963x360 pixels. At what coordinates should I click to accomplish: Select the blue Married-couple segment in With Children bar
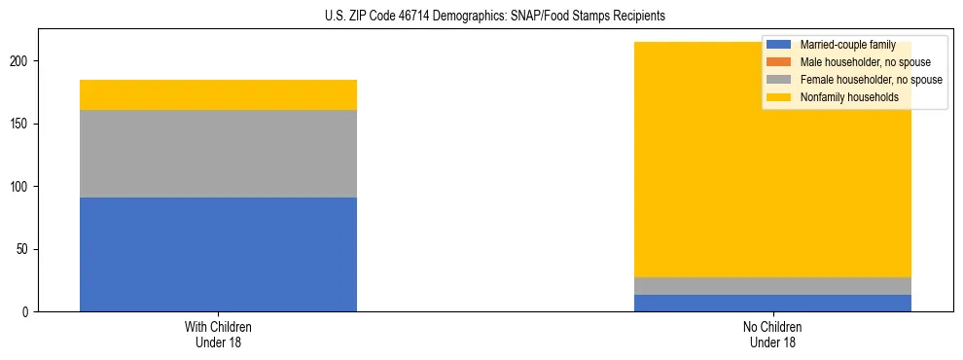point(218,254)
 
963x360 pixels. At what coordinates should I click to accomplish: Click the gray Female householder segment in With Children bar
point(218,154)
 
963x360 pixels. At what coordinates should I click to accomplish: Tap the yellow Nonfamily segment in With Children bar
point(218,94)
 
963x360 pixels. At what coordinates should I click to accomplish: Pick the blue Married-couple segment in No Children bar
point(772,303)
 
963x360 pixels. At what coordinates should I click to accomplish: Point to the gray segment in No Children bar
point(772,286)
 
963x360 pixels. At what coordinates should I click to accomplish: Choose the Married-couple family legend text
point(847,45)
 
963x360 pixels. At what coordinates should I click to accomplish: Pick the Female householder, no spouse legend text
point(871,80)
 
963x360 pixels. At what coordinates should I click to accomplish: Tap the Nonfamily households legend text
point(849,97)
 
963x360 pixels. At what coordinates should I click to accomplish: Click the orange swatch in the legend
point(779,62)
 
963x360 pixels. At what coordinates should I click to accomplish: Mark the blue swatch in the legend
point(779,45)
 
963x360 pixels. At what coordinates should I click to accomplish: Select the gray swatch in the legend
point(779,80)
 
